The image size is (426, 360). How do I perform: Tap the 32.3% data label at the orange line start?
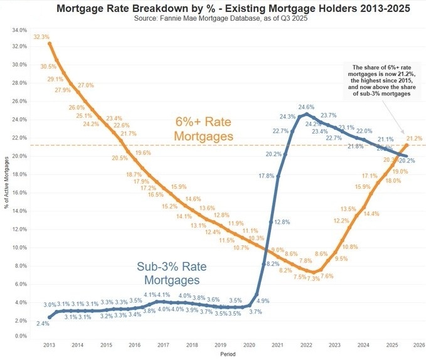click(x=41, y=37)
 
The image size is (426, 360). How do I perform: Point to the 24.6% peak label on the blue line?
click(x=306, y=107)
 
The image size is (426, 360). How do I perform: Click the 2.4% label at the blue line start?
click(x=43, y=324)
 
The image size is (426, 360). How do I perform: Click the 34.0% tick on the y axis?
click(x=19, y=30)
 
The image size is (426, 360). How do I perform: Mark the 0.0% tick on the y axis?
click(x=20, y=336)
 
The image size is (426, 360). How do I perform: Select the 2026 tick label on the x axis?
click(x=419, y=345)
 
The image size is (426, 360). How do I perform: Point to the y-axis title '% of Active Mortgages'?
click(x=6, y=182)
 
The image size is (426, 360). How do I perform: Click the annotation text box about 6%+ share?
click(x=381, y=80)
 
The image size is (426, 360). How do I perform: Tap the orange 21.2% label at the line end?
click(x=414, y=139)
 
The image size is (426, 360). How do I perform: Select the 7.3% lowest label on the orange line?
click(x=313, y=278)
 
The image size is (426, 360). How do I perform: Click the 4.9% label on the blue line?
click(x=263, y=301)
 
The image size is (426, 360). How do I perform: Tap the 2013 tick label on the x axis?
click(x=49, y=345)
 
